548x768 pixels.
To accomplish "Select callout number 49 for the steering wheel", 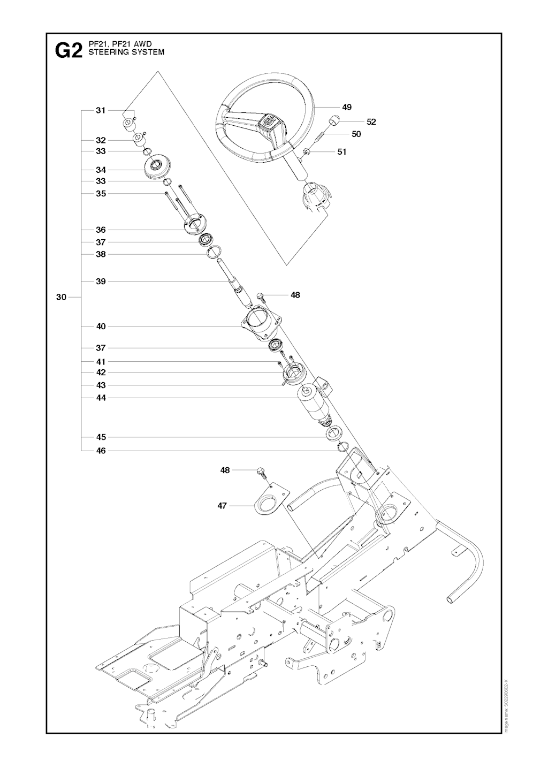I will point(347,107).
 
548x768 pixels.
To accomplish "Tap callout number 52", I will point(371,121).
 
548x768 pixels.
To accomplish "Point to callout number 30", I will point(61,296).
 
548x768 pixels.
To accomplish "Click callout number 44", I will point(101,398).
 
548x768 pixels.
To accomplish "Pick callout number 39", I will point(101,281).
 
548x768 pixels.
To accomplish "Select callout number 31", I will point(101,110).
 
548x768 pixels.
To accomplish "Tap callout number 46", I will point(101,451).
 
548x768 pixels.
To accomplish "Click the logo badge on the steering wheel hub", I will point(268,123).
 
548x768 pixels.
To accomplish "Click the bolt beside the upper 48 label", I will point(261,296).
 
